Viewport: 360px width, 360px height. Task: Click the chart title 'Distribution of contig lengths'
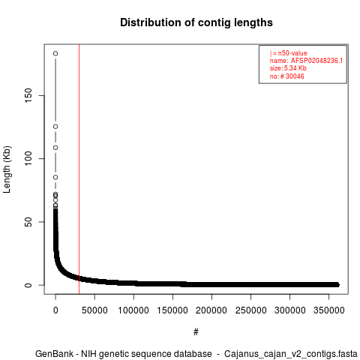tap(196, 22)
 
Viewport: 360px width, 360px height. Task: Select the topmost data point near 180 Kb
tap(55, 53)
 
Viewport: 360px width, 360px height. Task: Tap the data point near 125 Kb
tap(55, 127)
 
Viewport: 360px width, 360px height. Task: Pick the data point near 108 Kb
tap(55, 148)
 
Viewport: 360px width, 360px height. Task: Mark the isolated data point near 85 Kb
tap(55, 177)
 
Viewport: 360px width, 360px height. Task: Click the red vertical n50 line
tap(79, 169)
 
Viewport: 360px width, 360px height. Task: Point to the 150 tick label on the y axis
tap(28, 95)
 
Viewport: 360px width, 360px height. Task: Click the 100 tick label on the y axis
tap(28, 158)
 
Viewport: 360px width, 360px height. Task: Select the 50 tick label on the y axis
tap(28, 222)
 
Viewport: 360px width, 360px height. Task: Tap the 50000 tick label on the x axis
tap(94, 310)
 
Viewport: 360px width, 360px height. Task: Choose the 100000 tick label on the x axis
tap(133, 310)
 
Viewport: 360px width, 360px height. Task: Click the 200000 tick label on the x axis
tap(211, 310)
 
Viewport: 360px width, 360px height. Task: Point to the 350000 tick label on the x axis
tap(328, 310)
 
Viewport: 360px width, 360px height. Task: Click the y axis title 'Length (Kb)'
tap(7, 169)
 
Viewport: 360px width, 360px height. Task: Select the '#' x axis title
tap(196, 332)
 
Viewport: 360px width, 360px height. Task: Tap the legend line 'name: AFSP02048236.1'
tap(306, 61)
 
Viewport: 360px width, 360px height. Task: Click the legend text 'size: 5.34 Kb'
tap(288, 68)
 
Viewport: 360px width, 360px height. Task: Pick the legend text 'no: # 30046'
tap(287, 76)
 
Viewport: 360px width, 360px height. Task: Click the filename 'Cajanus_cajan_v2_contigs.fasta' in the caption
tap(291, 354)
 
